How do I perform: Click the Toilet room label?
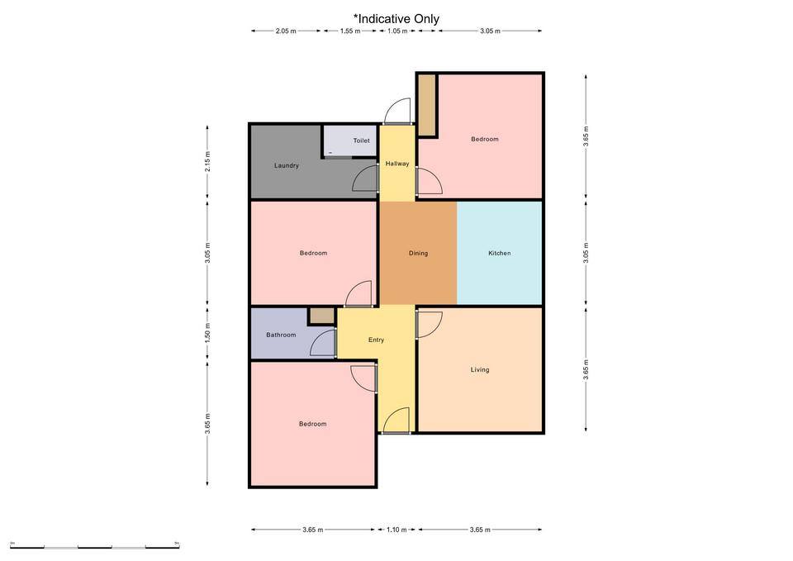[x=361, y=140]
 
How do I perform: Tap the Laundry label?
[x=287, y=165]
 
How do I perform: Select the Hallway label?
[x=397, y=164]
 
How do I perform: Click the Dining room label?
[x=418, y=253]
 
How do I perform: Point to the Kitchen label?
[x=499, y=253]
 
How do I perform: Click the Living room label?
[x=480, y=370]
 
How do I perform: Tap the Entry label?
[x=377, y=340]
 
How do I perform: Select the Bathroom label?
[x=281, y=335]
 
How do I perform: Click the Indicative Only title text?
[x=396, y=19]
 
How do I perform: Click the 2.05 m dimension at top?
[x=286, y=31]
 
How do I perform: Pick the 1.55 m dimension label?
[x=350, y=31]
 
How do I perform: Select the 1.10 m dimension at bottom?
[x=396, y=530]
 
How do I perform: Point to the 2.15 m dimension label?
[x=207, y=161]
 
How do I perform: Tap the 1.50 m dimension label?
[x=207, y=333]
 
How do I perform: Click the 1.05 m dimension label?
[x=397, y=31]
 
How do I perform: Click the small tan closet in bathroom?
[x=321, y=315]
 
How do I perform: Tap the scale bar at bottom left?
[x=95, y=547]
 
